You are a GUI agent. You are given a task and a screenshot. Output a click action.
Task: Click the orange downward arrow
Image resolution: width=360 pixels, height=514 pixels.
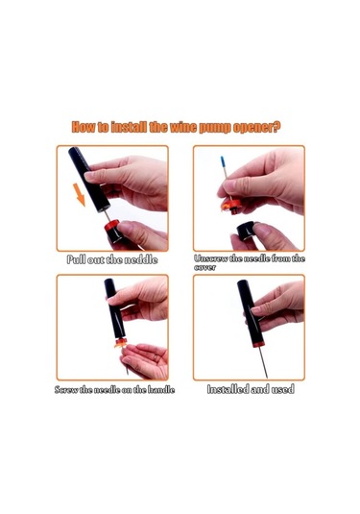click(80, 194)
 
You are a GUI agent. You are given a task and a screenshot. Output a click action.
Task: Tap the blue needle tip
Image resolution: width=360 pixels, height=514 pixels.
click(223, 162)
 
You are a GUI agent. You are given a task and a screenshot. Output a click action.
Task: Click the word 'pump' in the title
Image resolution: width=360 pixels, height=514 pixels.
click(215, 127)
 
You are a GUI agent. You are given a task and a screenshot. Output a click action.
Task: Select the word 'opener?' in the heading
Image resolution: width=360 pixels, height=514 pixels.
click(256, 127)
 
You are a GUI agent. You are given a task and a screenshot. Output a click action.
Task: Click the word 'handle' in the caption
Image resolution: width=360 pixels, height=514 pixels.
click(161, 390)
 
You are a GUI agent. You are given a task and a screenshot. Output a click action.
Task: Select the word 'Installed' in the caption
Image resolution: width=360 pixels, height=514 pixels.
click(228, 389)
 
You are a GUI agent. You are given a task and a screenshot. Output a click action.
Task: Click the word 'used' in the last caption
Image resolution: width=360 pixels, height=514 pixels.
click(283, 389)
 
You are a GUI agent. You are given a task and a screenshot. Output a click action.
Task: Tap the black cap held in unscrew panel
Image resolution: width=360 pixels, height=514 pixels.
click(246, 231)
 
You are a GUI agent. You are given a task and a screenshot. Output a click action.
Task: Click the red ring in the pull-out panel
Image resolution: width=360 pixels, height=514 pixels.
click(111, 225)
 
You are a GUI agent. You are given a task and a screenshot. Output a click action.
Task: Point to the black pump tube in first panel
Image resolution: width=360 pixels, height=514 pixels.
click(88, 180)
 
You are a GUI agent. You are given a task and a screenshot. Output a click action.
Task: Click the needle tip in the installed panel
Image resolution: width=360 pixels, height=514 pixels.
click(267, 377)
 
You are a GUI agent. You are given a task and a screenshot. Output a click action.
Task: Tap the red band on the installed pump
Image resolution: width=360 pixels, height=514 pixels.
click(258, 344)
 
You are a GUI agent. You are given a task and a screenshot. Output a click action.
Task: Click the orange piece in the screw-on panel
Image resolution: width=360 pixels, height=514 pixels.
click(121, 343)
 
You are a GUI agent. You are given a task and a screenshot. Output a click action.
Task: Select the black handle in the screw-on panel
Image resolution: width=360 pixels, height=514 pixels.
click(114, 308)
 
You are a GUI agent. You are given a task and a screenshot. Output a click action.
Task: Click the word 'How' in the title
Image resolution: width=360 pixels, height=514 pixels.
click(83, 127)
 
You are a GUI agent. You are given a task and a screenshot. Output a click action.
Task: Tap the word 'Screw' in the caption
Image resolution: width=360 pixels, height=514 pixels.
click(66, 390)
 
